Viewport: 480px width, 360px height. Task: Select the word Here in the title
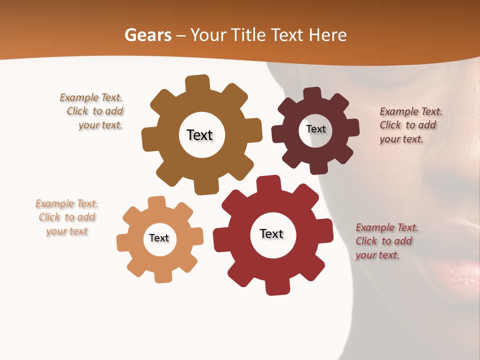tap(327, 35)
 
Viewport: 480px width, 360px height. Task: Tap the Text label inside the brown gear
tap(199, 135)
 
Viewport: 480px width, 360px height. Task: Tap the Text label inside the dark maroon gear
tap(315, 129)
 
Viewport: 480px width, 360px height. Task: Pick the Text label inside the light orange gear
tap(159, 238)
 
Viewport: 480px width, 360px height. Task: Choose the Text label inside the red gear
tap(271, 233)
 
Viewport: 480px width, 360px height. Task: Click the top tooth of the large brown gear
tap(198, 83)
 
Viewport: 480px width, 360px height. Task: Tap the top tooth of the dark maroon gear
tap(312, 94)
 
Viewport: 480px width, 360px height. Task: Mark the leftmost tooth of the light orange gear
tap(122, 242)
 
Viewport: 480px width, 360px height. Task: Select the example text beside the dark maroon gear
tap(410, 125)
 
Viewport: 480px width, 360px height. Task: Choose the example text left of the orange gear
tap(66, 217)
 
